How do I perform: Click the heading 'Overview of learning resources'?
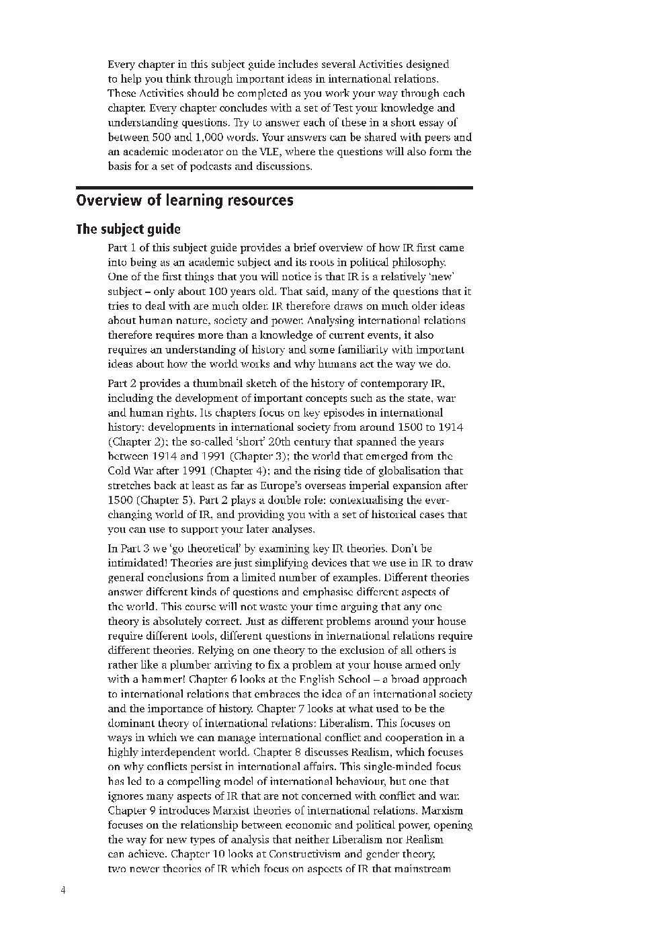(x=185, y=200)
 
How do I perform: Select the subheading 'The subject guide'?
(x=128, y=229)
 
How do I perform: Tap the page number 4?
(x=63, y=891)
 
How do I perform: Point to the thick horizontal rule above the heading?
(x=274, y=187)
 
